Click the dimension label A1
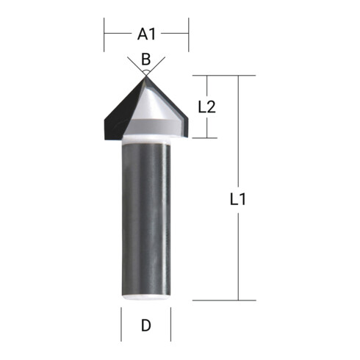[x=147, y=34]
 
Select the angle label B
[x=145, y=58]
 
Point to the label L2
[x=206, y=107]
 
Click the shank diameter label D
[x=145, y=325]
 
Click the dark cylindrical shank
[x=145, y=220]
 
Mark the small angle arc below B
[x=145, y=69]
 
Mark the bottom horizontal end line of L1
[x=224, y=300]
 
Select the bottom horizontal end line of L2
[x=207, y=137]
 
